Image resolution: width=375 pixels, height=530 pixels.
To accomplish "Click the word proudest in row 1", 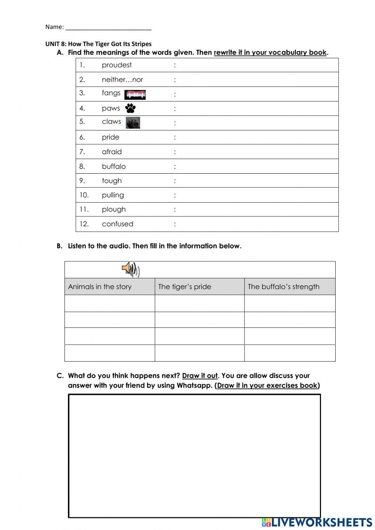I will pos(117,65).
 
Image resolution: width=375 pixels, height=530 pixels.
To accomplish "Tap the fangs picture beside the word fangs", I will pos(135,95).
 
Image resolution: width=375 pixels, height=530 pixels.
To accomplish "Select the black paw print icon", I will pos(130,108).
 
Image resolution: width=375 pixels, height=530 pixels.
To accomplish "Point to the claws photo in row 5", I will pos(133,123).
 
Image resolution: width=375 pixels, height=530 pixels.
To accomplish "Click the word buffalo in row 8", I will pos(114,166).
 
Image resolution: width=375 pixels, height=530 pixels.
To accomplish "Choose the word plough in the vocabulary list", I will pos(114,209).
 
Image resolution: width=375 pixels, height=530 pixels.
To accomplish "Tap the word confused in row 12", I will pos(117,224).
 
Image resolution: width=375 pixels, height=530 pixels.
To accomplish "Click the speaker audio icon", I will pos(130,269).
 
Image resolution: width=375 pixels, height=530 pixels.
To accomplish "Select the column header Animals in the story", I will pos(100,287).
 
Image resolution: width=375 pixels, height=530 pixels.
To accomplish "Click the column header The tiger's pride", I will pos(184,287).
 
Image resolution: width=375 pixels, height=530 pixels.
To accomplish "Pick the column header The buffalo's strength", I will pos(283,287).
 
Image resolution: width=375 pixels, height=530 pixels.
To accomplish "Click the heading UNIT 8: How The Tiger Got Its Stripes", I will pos(98,44).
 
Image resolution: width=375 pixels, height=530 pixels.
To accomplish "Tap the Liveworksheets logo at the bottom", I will pos(317,522).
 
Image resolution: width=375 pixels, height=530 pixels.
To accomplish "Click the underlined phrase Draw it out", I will pos(199,376).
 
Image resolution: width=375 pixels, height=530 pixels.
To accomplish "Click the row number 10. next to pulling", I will pos(84,195).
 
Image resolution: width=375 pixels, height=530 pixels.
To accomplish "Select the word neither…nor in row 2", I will pos(122,80).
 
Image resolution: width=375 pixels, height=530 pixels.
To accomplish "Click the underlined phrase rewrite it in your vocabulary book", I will pos(270,53).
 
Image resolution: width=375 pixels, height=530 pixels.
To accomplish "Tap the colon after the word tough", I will pos(175,181).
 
